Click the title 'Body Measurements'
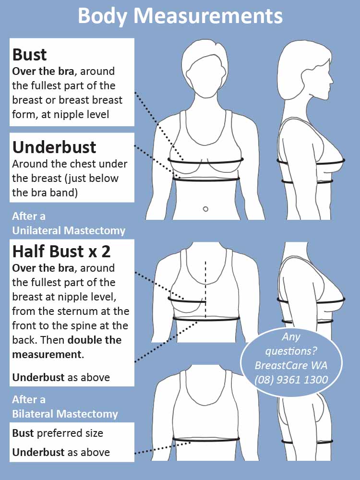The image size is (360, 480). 180,16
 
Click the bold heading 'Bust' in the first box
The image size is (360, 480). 29,55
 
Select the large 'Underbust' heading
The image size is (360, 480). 54,147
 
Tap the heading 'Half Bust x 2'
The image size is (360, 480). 61,252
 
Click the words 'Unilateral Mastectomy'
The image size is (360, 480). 69,230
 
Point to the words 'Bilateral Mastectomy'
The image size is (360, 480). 65,414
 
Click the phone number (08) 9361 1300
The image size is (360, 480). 291,380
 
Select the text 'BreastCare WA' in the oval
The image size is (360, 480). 291,365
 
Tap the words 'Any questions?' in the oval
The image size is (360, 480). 291,344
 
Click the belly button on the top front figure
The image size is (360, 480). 206,209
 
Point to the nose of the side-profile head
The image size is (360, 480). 331,80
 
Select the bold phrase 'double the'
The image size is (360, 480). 94,340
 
